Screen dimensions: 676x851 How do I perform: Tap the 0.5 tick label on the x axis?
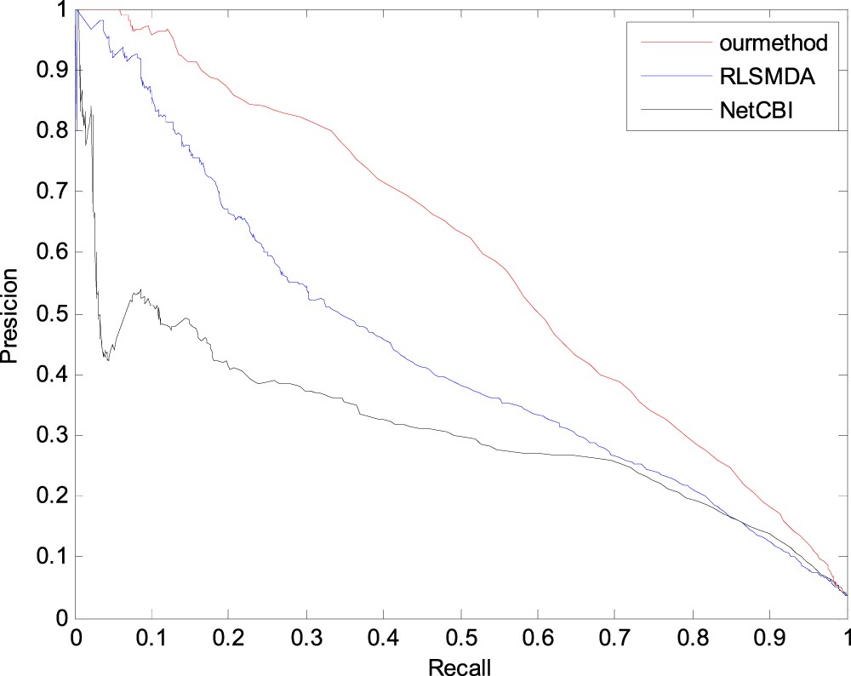pyautogui.click(x=461, y=636)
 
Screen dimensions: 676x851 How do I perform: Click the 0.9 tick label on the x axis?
pyautogui.click(x=770, y=636)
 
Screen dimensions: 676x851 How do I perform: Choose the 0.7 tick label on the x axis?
pyautogui.click(x=615, y=636)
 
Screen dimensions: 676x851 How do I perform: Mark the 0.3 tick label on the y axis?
pyautogui.click(x=51, y=435)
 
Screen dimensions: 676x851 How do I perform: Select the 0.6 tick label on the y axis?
pyautogui.click(x=51, y=253)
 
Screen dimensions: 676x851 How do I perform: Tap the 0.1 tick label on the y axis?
pyautogui.click(x=51, y=557)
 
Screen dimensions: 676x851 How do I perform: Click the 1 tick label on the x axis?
pyautogui.click(x=846, y=636)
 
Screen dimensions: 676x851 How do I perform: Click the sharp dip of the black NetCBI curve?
pyautogui.click(x=107, y=359)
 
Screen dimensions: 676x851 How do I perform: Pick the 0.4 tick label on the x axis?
pyautogui.click(x=384, y=636)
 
